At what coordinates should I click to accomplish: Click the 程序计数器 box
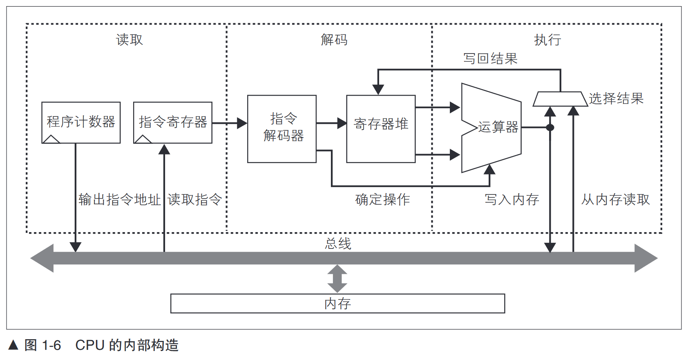(81, 122)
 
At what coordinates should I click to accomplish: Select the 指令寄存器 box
(173, 122)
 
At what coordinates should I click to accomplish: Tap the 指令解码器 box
(282, 128)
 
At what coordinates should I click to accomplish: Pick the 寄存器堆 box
(381, 128)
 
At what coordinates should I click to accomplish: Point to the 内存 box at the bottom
(337, 303)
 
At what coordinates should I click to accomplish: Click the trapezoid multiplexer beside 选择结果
(560, 99)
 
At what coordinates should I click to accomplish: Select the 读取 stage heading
(130, 40)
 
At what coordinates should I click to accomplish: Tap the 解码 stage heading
(334, 40)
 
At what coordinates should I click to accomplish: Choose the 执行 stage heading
(547, 40)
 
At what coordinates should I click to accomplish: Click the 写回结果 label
(490, 58)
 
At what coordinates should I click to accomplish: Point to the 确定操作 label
(382, 199)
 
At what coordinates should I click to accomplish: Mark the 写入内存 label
(512, 199)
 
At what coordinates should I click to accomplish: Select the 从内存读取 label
(615, 199)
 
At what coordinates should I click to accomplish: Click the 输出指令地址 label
(120, 199)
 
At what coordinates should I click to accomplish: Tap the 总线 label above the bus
(338, 244)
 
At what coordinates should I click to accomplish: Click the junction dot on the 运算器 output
(550, 127)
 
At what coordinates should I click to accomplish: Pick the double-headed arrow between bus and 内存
(337, 279)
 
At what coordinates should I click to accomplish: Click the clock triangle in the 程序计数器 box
(51, 139)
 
